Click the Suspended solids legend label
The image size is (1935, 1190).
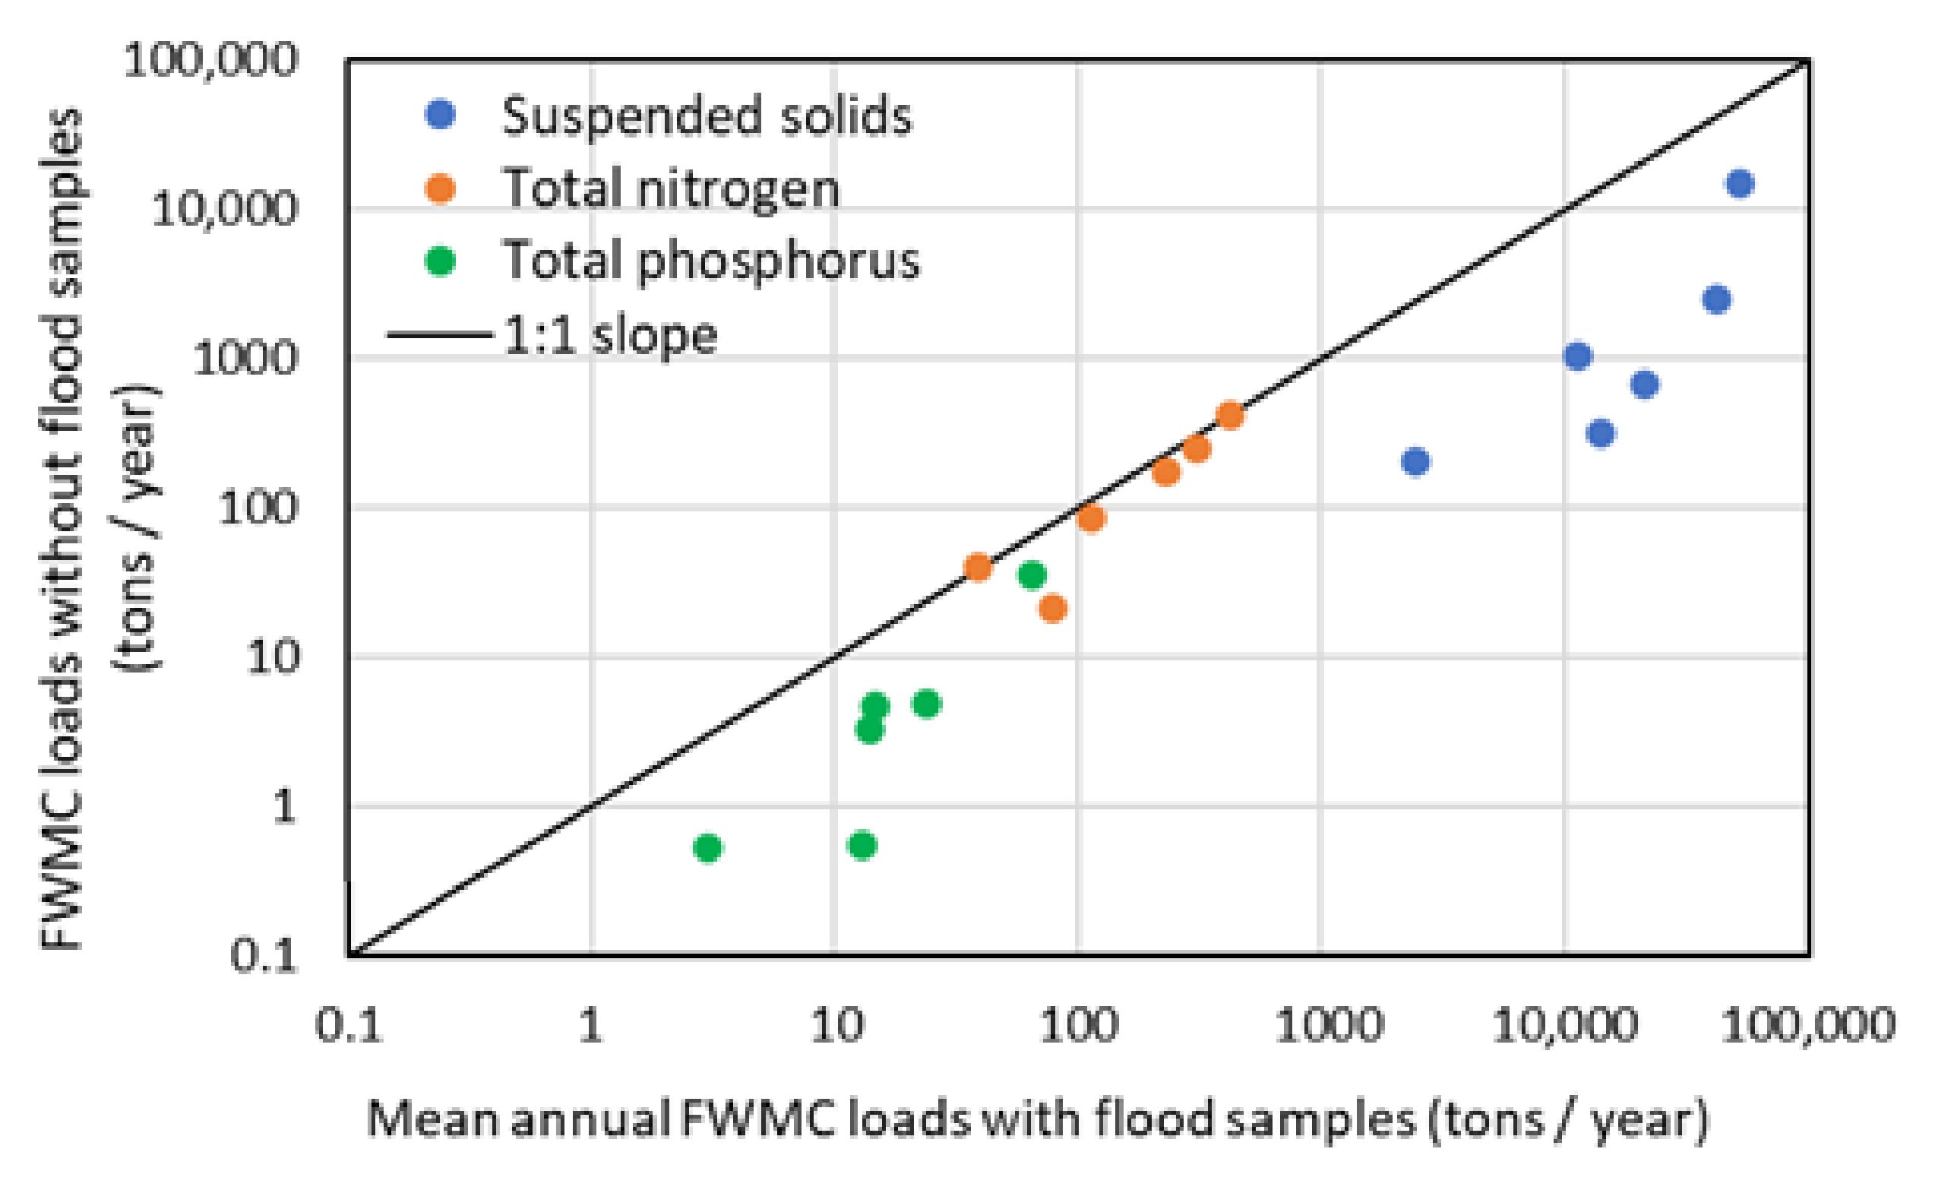coord(706,116)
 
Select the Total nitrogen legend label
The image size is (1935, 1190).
coord(672,189)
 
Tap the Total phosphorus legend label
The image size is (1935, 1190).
coord(710,261)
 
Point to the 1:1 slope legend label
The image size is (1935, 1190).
coord(610,335)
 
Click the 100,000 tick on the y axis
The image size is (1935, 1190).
coord(211,60)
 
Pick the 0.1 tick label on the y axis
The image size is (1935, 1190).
coord(263,956)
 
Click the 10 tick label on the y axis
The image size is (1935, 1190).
coord(272,657)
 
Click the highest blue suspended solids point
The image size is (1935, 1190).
coord(1740,183)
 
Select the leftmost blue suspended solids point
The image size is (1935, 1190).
coord(1415,462)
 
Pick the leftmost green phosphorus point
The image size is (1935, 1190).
coord(707,847)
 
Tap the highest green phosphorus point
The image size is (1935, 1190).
coord(1032,575)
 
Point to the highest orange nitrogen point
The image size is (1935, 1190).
coord(1230,415)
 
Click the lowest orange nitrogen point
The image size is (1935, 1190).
coord(1053,609)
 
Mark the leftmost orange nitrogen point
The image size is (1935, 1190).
coord(977,567)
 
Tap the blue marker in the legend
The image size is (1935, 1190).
coord(440,115)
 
